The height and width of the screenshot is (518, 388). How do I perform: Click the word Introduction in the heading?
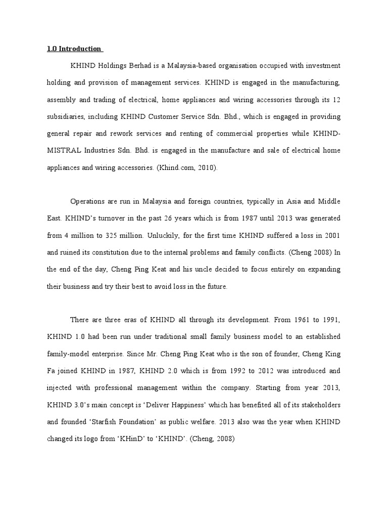point(81,49)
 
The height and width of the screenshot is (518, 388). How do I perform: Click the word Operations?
point(89,201)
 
